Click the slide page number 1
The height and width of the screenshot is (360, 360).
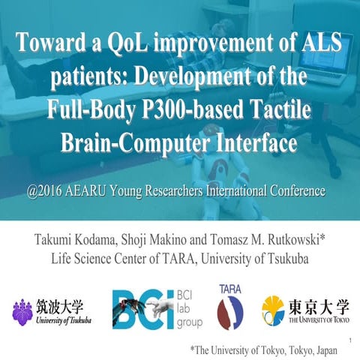(350, 342)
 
